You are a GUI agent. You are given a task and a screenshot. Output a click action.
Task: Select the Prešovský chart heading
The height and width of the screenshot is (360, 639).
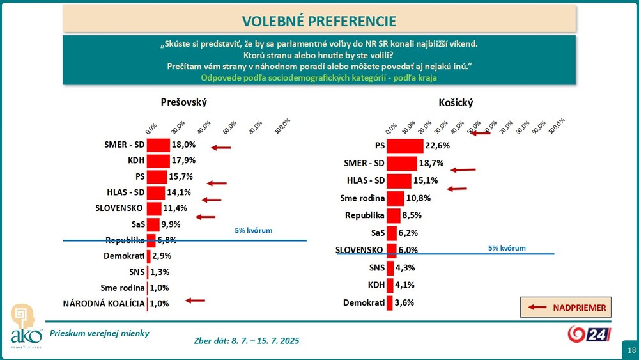click(x=184, y=102)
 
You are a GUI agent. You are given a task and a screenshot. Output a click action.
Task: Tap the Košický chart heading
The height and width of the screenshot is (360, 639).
click(x=456, y=102)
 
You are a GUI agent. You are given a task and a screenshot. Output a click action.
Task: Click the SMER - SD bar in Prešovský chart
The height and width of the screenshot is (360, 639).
click(x=158, y=145)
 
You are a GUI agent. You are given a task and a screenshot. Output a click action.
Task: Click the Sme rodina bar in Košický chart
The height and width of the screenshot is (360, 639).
click(x=396, y=198)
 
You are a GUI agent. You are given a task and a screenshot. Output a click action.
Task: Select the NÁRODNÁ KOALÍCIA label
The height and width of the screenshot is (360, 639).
click(x=104, y=304)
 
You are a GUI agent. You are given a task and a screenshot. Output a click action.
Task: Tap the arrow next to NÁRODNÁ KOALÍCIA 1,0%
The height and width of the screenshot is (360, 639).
click(x=194, y=300)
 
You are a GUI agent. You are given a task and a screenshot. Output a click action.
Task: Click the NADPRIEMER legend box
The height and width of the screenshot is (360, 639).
click(x=566, y=308)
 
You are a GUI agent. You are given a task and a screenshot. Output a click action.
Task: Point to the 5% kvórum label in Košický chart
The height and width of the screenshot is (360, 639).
click(x=507, y=247)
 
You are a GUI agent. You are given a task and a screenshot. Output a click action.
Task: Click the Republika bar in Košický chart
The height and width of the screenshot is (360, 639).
click(x=394, y=215)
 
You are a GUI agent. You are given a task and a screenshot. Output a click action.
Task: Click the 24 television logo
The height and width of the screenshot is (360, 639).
click(x=590, y=334)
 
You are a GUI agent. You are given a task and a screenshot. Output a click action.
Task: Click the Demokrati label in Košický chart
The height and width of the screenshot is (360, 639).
click(x=364, y=302)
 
